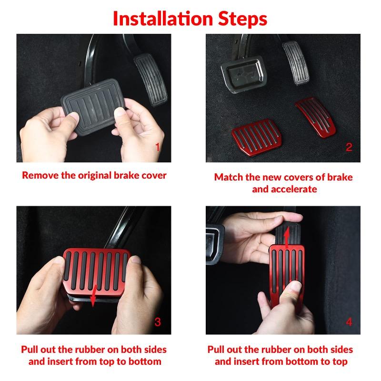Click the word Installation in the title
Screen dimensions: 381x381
(163, 19)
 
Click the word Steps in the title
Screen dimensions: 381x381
(242, 19)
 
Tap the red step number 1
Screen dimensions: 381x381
(158, 147)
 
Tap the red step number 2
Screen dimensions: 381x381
(349, 147)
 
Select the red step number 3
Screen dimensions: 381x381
(158, 322)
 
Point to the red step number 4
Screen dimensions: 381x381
(349, 322)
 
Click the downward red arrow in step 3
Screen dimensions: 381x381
(93, 295)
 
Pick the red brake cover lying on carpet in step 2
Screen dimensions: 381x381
(257, 137)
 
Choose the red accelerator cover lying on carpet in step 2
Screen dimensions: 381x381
(316, 117)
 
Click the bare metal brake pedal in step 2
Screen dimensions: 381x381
(244, 74)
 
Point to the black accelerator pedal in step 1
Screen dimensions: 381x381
(151, 80)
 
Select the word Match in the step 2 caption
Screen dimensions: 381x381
(229, 177)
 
